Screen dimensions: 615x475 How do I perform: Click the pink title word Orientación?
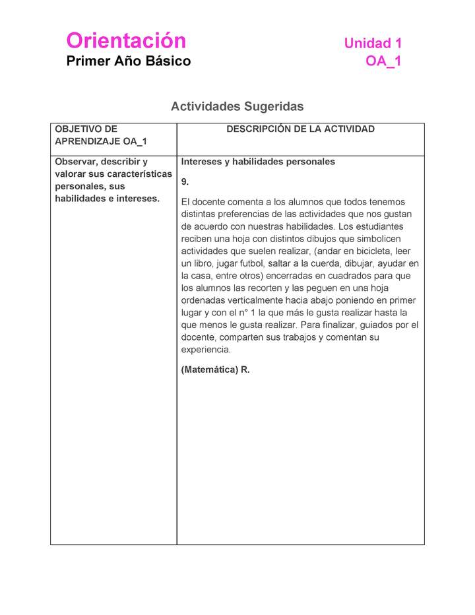coord(126,41)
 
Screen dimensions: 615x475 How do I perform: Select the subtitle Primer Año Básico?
coord(129,61)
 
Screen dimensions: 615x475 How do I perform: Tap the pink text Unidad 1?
coord(373,44)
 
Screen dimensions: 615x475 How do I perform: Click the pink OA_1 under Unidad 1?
coord(383,61)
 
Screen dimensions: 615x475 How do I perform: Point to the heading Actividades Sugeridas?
coord(237,106)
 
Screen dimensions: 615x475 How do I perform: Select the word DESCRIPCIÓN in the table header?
coord(258,129)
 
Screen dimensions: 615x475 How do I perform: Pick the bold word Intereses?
coord(201,162)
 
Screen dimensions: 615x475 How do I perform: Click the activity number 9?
coord(185,181)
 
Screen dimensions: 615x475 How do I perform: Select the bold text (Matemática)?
coord(209,370)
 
